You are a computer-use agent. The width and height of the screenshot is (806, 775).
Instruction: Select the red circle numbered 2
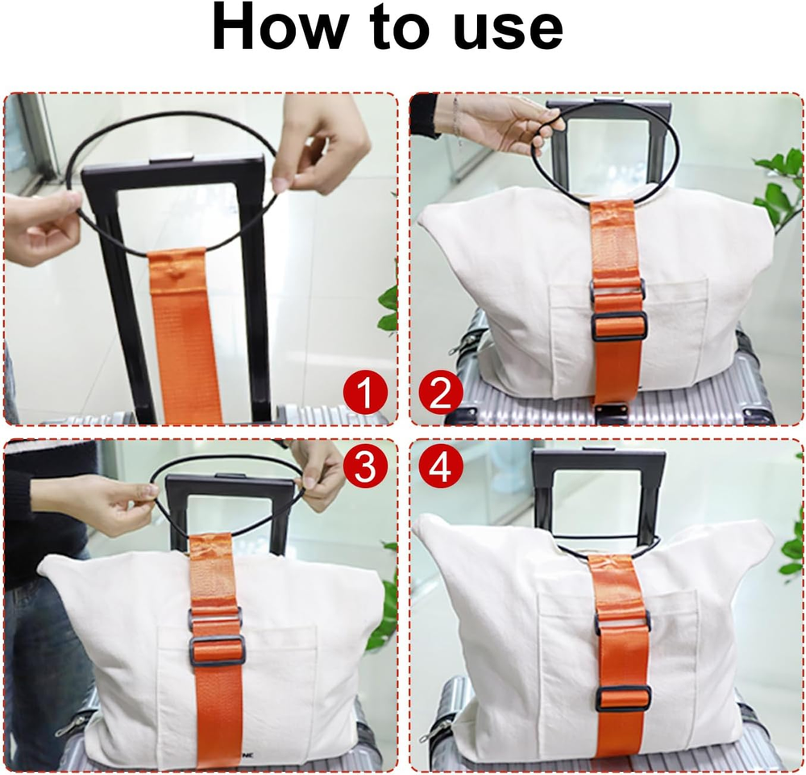[440, 394]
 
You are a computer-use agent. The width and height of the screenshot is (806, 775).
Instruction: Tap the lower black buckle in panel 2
[618, 325]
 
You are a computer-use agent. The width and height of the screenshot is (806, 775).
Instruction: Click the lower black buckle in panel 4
[623, 697]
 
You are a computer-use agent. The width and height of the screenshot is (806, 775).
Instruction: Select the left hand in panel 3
[113, 504]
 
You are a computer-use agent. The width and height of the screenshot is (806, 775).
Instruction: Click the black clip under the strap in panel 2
[613, 412]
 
